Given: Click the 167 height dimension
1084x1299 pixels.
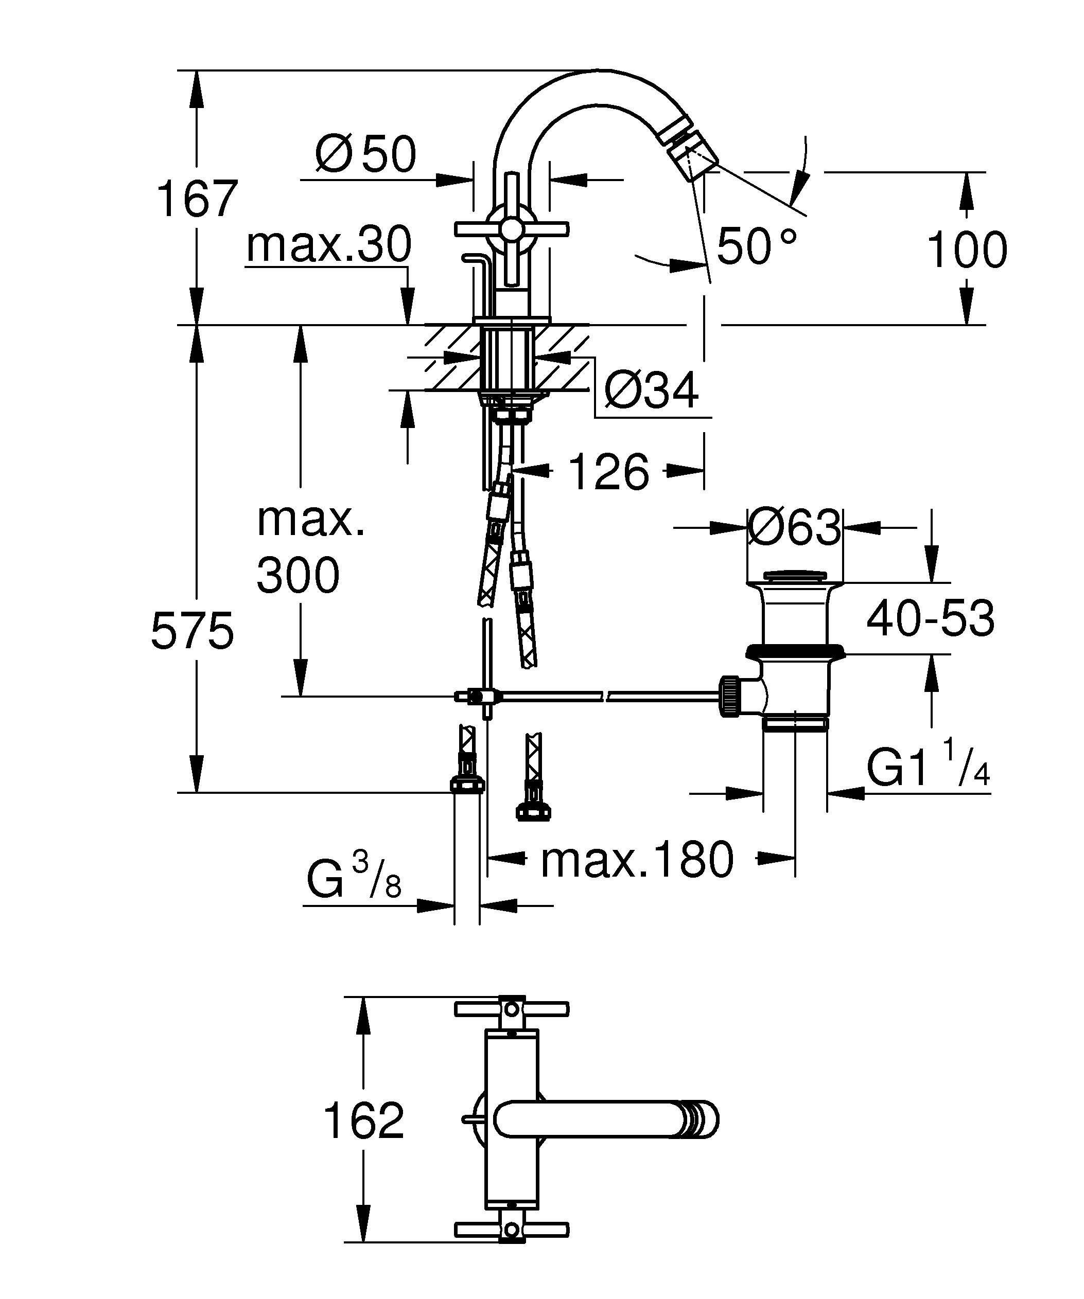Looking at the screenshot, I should [x=197, y=199].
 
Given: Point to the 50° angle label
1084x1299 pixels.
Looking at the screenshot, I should [x=756, y=246].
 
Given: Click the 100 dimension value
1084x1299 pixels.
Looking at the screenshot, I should [x=967, y=250].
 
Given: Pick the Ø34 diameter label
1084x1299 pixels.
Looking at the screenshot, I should [x=651, y=390].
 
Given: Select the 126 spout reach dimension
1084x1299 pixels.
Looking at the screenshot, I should [x=608, y=472].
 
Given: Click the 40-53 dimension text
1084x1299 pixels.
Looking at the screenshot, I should [x=930, y=618].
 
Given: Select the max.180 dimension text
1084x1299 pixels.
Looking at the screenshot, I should [x=637, y=860].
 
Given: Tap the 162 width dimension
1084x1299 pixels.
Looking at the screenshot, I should [x=363, y=1120].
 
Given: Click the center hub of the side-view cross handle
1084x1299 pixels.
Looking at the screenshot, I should [x=511, y=229].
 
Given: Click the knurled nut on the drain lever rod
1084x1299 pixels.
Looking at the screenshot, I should [x=730, y=697].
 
